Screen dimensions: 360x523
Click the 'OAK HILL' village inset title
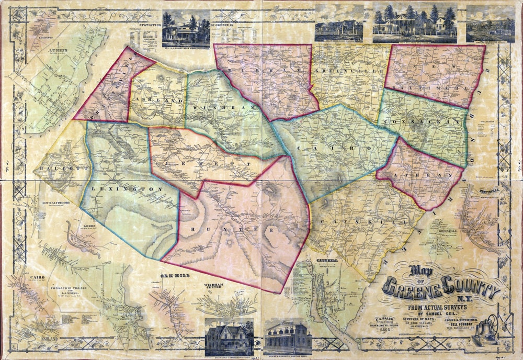(174, 275)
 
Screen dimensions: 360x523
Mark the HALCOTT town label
(54, 168)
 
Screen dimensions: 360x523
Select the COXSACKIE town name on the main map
(421, 121)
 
